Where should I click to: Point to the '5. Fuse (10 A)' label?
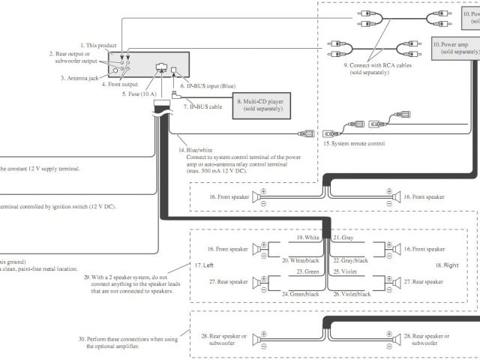coord(140,94)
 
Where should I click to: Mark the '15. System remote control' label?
coord(354,143)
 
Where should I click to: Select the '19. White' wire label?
coord(307,237)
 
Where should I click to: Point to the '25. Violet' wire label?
coord(345,271)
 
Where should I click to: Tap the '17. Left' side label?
coord(204,265)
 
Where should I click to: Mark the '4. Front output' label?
coord(124,83)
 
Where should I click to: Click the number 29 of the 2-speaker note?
coord(88,276)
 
